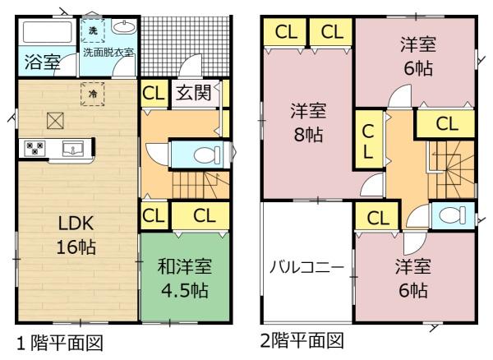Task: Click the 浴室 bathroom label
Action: pyautogui.click(x=43, y=62)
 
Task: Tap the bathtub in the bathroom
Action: pyautogui.click(x=48, y=32)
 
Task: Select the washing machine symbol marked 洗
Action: pyautogui.click(x=92, y=30)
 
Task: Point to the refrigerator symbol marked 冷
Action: pyautogui.click(x=92, y=94)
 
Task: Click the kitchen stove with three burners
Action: pyautogui.click(x=35, y=148)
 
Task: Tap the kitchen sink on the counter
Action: pyautogui.click(x=73, y=149)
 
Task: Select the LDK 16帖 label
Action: pyautogui.click(x=76, y=235)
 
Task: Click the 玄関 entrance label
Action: pyautogui.click(x=193, y=92)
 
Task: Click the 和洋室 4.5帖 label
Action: pyautogui.click(x=185, y=278)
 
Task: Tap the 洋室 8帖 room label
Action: pyautogui.click(x=308, y=122)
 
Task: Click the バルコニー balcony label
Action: pyautogui.click(x=306, y=268)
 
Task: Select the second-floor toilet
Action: pyautogui.click(x=453, y=215)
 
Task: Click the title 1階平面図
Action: pyautogui.click(x=60, y=343)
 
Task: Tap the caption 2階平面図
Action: pyautogui.click(x=302, y=341)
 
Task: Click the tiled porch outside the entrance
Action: pyautogui.click(x=186, y=46)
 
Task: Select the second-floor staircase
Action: pyautogui.click(x=451, y=169)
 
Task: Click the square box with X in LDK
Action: pyautogui.click(x=55, y=121)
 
